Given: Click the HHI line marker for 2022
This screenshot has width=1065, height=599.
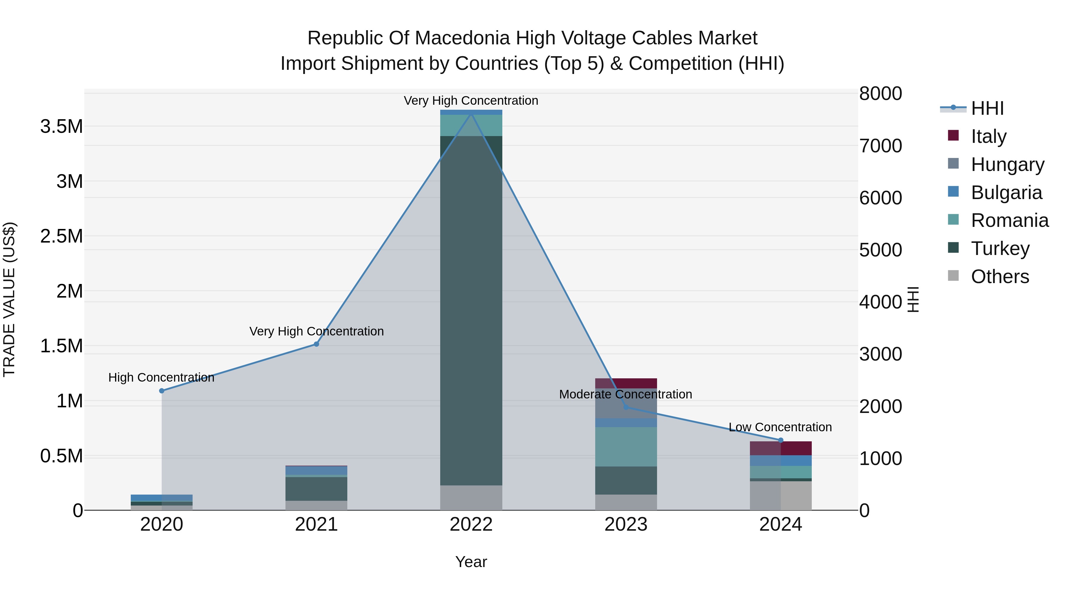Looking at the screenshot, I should (x=471, y=113).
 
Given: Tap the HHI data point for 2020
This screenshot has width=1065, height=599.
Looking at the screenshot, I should (x=162, y=391).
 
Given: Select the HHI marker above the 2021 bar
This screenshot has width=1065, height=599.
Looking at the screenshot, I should (x=316, y=344).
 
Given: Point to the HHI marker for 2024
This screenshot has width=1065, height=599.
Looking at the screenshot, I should (x=781, y=440).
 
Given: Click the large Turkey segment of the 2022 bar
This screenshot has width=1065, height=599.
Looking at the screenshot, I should (x=471, y=310).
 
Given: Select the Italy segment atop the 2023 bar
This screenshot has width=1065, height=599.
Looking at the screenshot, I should (x=626, y=383).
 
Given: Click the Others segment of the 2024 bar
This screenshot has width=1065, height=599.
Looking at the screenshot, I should (x=781, y=496).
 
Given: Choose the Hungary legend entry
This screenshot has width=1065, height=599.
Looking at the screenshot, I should (x=1007, y=164).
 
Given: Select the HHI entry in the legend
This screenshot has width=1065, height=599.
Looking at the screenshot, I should (x=987, y=108).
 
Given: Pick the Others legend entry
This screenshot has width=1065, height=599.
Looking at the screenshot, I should (x=1000, y=277).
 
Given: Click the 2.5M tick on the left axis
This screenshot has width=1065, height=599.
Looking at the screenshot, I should (x=61, y=236).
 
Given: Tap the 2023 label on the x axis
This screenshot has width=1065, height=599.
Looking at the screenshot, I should (x=626, y=524).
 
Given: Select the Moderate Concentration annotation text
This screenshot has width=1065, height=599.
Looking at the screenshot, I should (x=625, y=394).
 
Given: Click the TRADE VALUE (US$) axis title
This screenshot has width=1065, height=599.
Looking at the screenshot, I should (x=9, y=299).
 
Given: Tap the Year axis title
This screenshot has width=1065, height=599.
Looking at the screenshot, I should (x=471, y=562).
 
